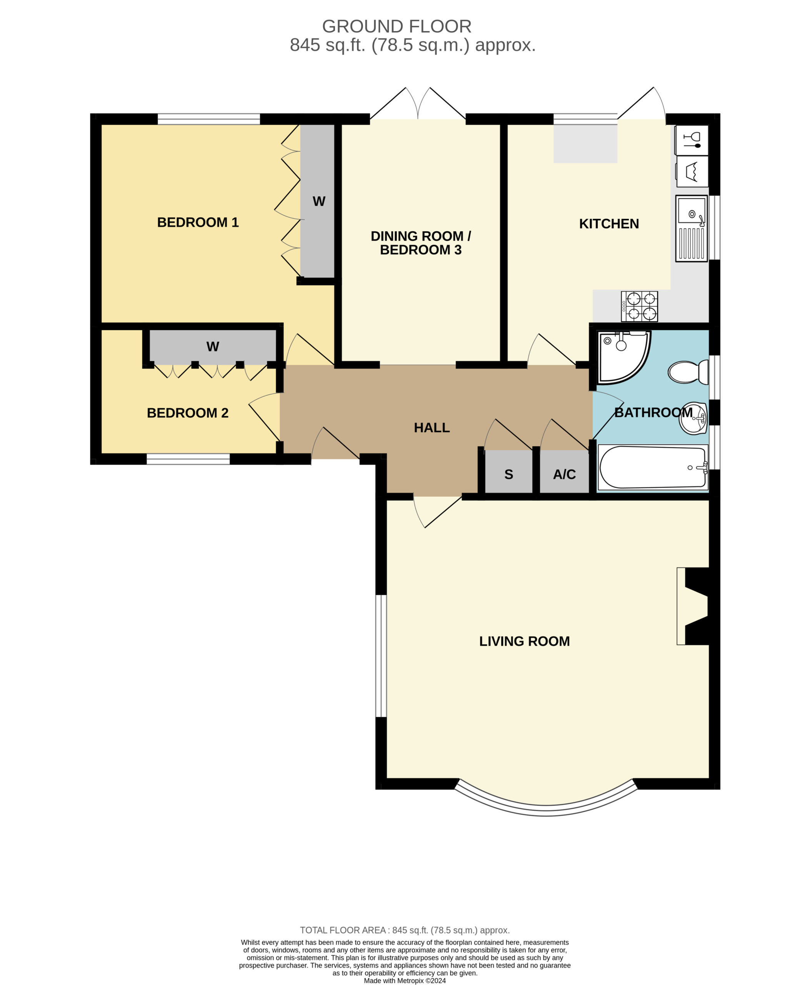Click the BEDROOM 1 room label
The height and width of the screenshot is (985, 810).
[x=198, y=222]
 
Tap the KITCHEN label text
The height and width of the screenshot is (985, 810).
[x=609, y=224]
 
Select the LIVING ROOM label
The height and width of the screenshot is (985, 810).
[x=525, y=641]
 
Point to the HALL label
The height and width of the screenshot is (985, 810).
[x=432, y=427]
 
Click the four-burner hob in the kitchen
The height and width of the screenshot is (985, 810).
[x=639, y=306]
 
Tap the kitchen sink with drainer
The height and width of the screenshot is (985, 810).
[x=692, y=228]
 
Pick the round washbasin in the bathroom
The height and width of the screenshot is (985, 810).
[x=693, y=418]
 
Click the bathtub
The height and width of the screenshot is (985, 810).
[x=653, y=467]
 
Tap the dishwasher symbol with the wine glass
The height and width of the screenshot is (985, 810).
[x=692, y=140]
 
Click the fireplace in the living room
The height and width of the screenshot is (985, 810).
[x=693, y=606]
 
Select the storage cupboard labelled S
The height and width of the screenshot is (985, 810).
[x=508, y=472]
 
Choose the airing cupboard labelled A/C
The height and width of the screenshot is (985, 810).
[x=564, y=472]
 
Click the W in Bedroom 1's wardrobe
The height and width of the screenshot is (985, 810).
[x=319, y=201]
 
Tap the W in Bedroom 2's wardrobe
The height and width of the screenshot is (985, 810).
[x=213, y=346]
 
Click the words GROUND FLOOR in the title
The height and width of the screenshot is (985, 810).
[x=397, y=27]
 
